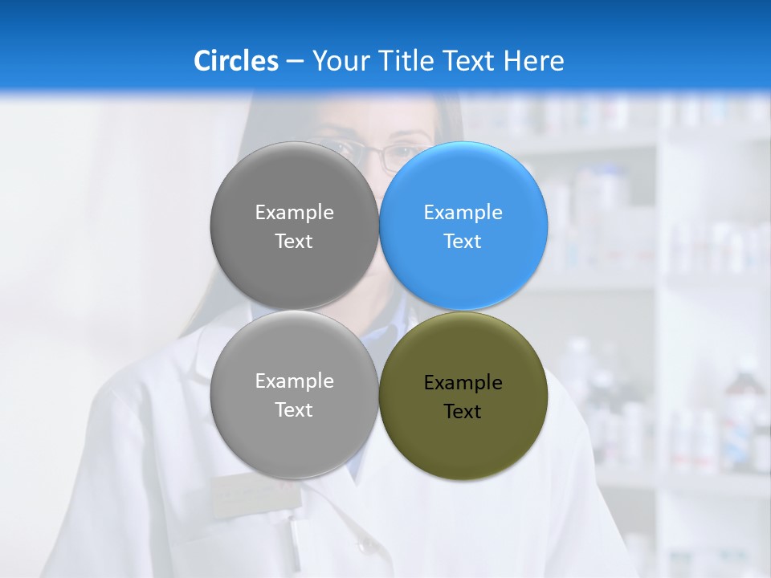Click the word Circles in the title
[x=235, y=61]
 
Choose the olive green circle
[x=463, y=442]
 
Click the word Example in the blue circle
[x=463, y=213]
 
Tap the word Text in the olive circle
[x=463, y=412]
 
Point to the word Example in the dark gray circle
[x=294, y=213]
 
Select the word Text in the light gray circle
[x=294, y=410]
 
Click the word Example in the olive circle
[x=463, y=383]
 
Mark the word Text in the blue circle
[x=463, y=242]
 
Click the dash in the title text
[x=295, y=62]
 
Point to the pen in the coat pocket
[x=294, y=542]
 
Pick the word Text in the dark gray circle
[x=294, y=242]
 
